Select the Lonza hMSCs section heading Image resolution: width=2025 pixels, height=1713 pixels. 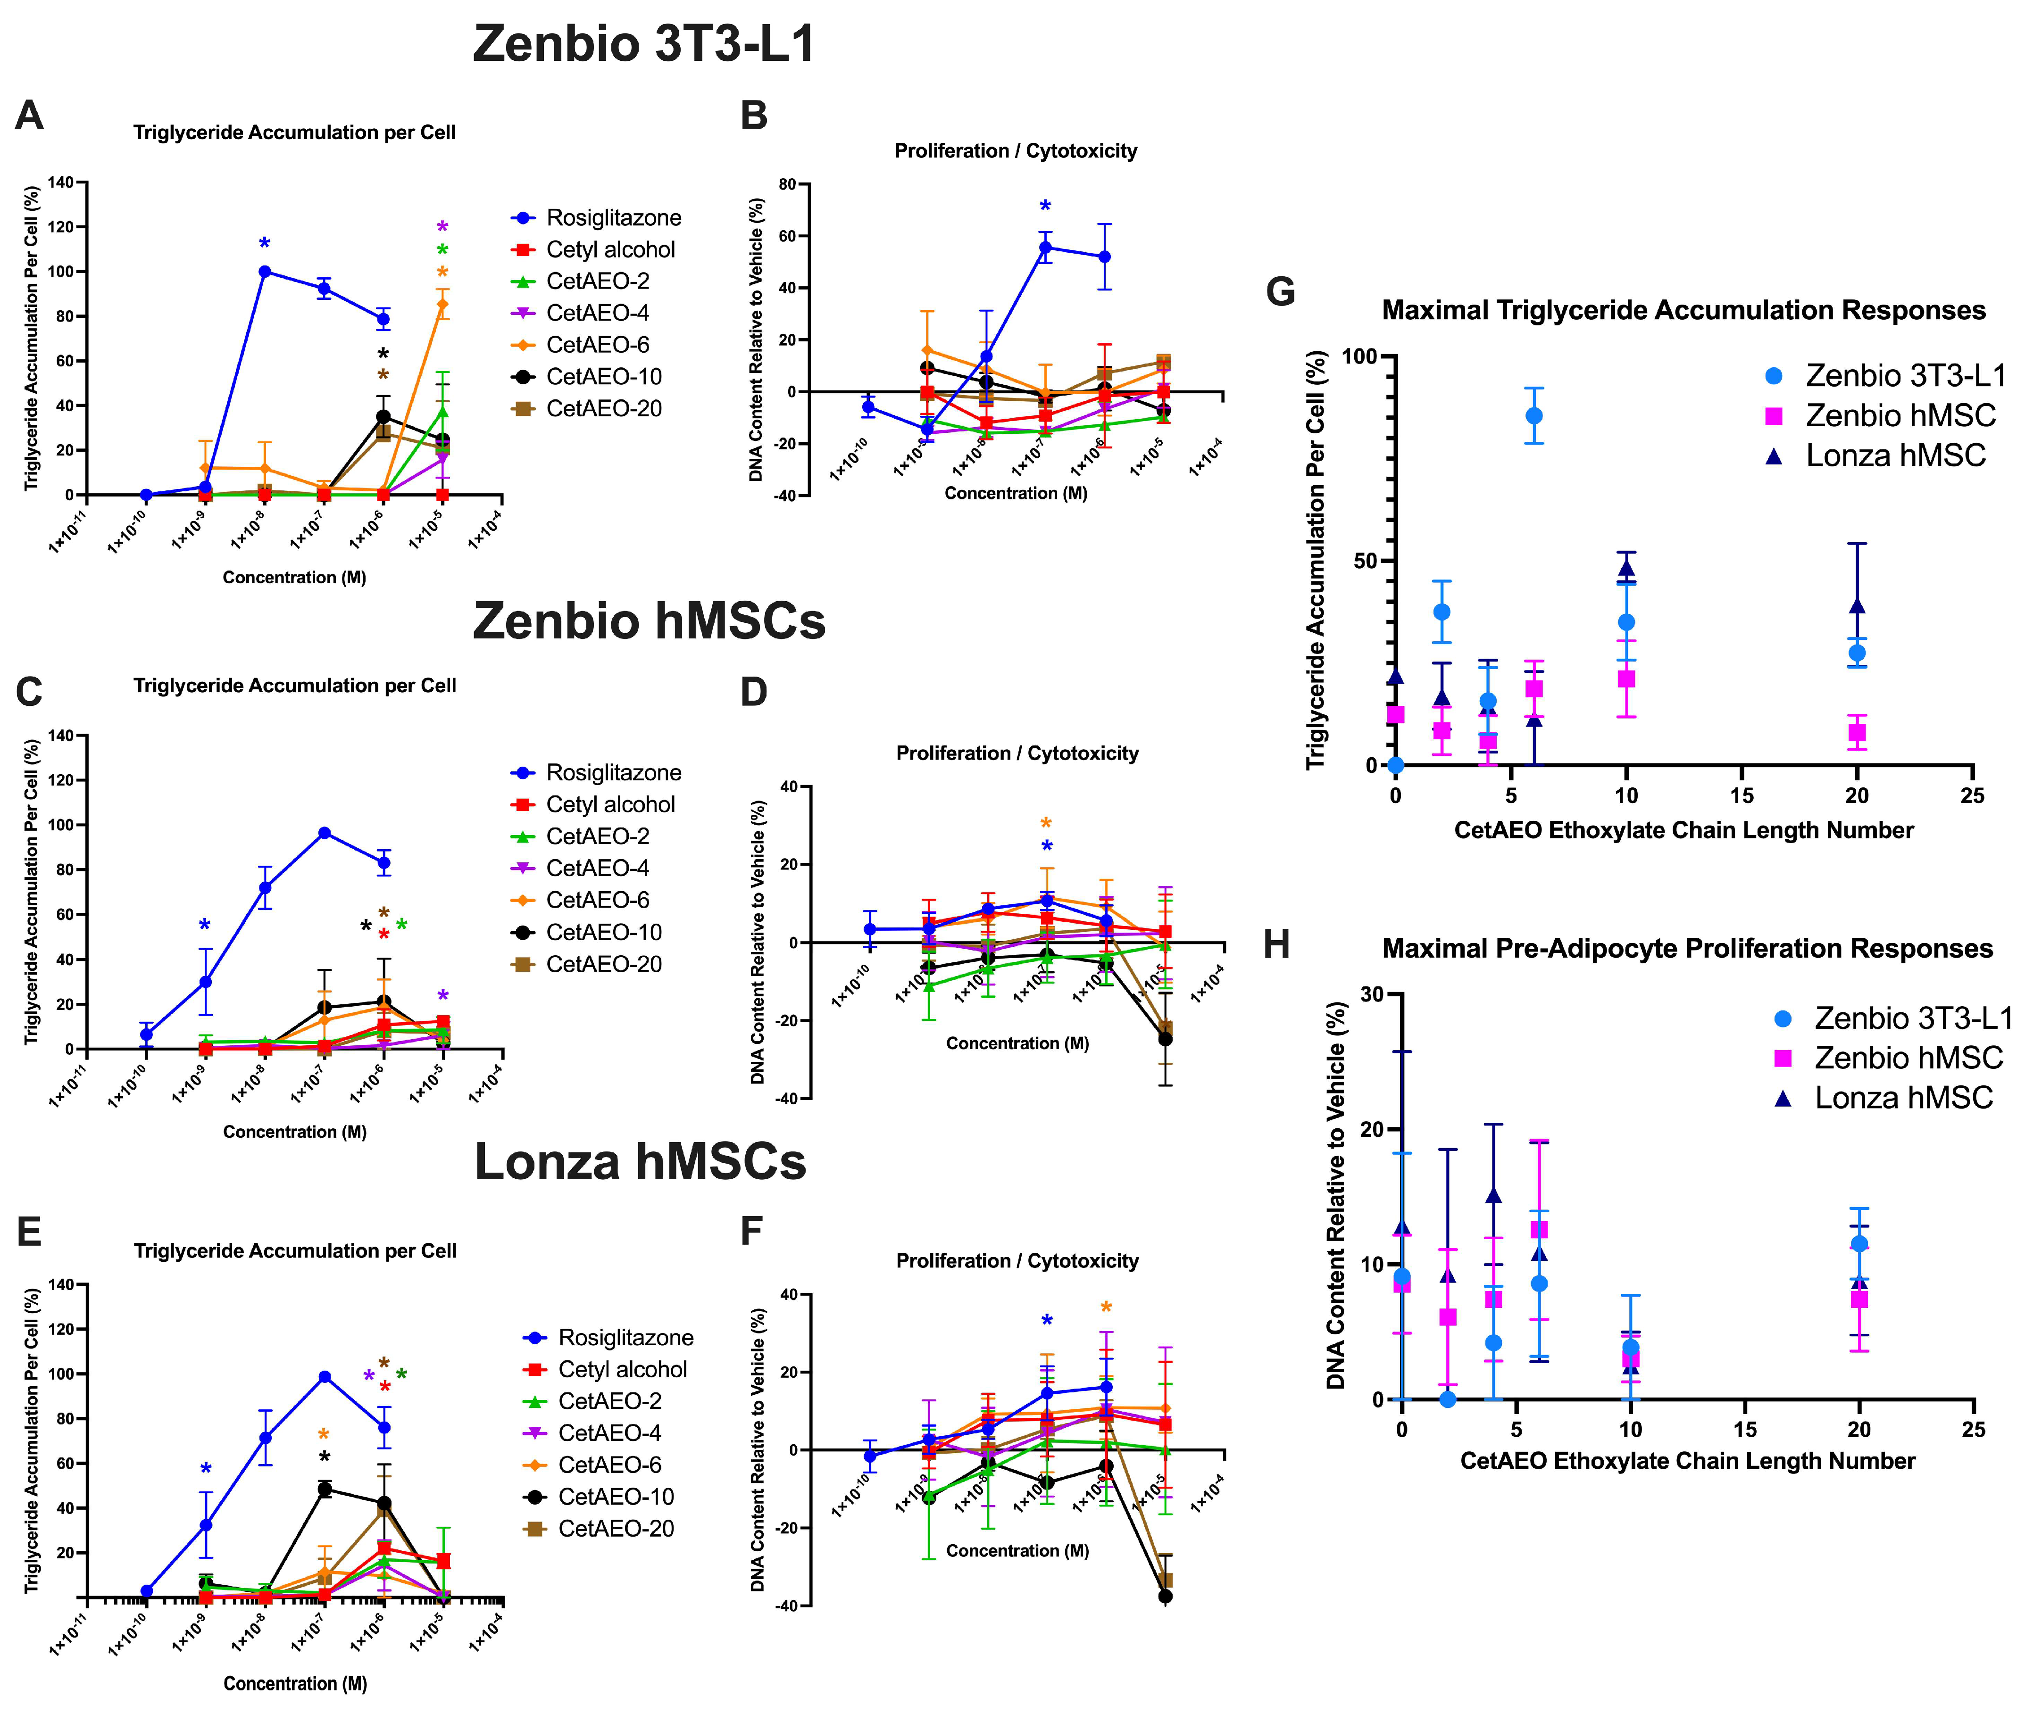coord(640,1162)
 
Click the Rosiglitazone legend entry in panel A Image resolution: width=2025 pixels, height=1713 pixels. coord(613,217)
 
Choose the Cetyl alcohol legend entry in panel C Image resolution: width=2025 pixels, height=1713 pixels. coord(610,804)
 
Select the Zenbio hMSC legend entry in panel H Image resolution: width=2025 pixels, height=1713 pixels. coord(1908,1058)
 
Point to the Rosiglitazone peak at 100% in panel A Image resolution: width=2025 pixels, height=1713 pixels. coord(264,272)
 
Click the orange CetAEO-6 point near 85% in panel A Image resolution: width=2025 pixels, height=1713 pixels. coord(443,304)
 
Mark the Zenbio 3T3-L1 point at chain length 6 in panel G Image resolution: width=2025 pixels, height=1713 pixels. coord(1533,415)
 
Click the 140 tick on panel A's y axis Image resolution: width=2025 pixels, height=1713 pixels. coord(60,182)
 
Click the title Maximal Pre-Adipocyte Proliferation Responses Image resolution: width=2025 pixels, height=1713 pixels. coord(1687,949)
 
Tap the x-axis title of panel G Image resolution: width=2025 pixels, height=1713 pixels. coord(1683,830)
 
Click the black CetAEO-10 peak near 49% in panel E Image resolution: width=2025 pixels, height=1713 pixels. coord(325,1489)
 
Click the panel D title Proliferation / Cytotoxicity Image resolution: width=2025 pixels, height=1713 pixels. coord(1017,753)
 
